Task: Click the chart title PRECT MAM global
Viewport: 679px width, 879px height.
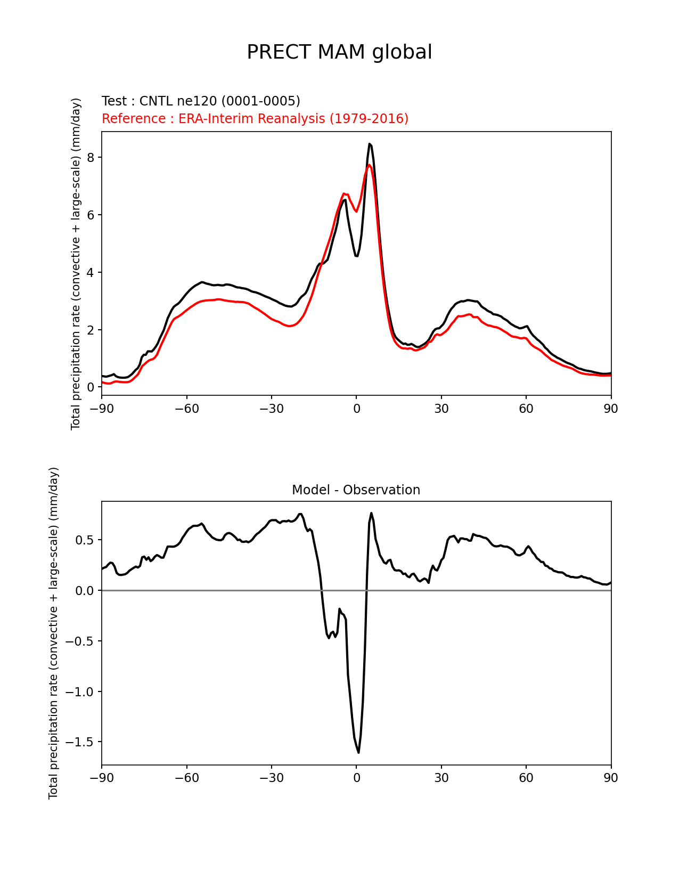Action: [339, 52]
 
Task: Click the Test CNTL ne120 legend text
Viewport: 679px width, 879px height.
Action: [201, 101]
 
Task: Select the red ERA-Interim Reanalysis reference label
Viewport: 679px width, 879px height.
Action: [255, 119]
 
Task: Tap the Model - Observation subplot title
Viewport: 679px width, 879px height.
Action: [356, 490]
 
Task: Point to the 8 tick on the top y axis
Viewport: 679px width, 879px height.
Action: [91, 158]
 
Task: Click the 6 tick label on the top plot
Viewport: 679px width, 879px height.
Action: [91, 215]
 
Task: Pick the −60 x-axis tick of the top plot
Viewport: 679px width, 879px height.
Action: [186, 409]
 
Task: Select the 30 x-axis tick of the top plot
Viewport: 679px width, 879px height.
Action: [441, 409]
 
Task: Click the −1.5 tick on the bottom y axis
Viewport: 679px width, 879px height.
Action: [79, 742]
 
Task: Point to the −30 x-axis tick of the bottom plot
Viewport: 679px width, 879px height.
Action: [271, 778]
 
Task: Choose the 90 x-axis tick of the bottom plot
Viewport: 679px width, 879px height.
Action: [611, 778]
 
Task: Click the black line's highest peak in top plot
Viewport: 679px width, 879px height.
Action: [369, 144]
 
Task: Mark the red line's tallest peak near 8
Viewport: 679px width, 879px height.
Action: [369, 165]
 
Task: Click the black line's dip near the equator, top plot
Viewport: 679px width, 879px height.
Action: [356, 256]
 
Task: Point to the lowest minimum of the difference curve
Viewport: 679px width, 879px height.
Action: [358, 752]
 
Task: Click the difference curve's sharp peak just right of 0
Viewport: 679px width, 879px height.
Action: [371, 514]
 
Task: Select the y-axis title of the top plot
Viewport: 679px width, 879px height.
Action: [76, 264]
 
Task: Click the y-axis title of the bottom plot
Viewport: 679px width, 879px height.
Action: [53, 633]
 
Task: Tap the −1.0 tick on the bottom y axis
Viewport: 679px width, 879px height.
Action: [79, 692]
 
